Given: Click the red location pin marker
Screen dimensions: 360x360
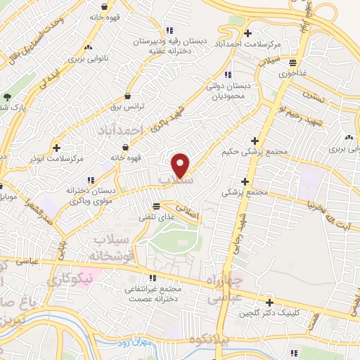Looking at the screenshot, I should [181, 165].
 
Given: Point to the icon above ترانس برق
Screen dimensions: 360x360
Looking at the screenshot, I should [128, 96].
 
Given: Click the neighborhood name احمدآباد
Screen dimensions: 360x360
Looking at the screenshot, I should [122, 129].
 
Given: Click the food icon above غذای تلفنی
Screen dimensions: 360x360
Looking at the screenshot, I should [155, 205].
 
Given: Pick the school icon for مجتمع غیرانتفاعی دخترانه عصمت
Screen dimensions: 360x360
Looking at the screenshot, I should [152, 278].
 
